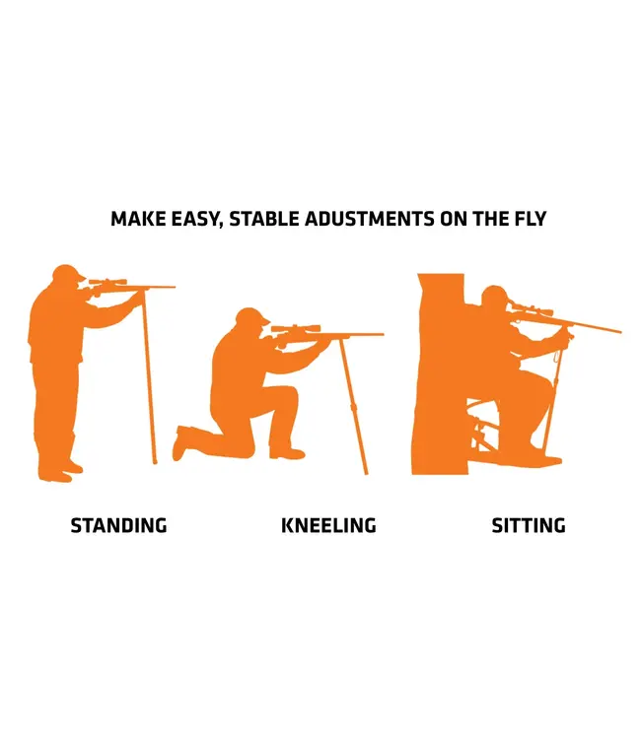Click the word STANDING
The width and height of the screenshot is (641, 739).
[119, 525]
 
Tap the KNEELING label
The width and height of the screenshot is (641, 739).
[328, 525]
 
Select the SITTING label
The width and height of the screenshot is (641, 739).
[529, 525]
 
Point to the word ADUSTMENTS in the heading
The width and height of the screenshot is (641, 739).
[370, 219]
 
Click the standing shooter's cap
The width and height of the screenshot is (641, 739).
[68, 272]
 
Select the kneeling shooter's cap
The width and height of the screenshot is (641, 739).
[251, 315]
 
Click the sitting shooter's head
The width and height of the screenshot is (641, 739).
[494, 298]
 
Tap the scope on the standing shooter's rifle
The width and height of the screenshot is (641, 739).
[107, 282]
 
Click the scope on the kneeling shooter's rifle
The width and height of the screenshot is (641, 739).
[296, 328]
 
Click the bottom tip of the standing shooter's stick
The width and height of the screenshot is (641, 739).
[154, 463]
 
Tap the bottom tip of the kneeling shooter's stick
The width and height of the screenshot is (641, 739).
[365, 473]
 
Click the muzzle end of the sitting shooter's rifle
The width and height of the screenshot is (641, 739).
[620, 332]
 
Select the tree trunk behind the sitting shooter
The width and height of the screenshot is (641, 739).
[440, 373]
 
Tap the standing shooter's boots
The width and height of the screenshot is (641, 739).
[60, 471]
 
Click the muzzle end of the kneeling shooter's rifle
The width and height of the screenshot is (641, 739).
[383, 334]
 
